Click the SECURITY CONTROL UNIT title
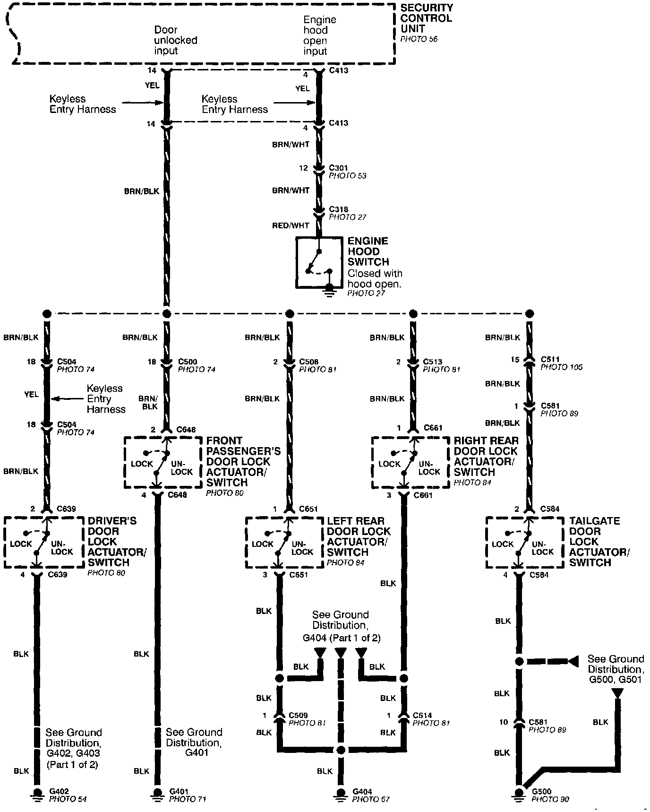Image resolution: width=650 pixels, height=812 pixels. click(x=427, y=18)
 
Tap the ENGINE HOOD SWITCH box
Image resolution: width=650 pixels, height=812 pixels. click(x=319, y=262)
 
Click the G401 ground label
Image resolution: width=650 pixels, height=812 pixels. click(x=180, y=791)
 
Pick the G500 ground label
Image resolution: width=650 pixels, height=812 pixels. click(x=541, y=791)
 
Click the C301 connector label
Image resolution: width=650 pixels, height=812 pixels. click(x=338, y=168)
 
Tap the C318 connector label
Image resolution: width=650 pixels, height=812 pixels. click(x=338, y=209)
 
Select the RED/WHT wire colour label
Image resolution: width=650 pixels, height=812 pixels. click(x=291, y=225)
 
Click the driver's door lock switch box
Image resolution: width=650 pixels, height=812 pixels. click(x=45, y=543)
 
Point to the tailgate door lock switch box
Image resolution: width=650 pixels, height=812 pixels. click(x=525, y=543)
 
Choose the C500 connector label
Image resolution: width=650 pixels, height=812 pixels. click(x=188, y=362)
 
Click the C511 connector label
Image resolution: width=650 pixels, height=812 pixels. click(x=550, y=359)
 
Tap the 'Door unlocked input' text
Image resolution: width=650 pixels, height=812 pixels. click(x=175, y=40)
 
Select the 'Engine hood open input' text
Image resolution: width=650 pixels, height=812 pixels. click(x=319, y=35)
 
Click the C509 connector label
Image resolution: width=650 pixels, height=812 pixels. click(x=298, y=715)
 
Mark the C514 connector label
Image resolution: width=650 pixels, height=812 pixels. click(x=422, y=715)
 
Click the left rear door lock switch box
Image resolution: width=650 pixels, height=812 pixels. click(x=284, y=543)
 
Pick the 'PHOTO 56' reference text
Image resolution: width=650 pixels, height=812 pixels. click(x=419, y=39)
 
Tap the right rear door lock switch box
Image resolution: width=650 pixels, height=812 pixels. click(x=410, y=462)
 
